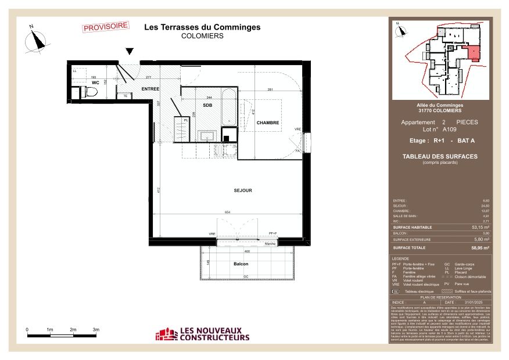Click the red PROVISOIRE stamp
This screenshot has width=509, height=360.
pos(105,27)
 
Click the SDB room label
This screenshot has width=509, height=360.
pos(207,105)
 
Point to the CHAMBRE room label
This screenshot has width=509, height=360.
pos(268,123)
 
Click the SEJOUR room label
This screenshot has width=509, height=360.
pos(243,190)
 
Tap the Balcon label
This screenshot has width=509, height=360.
pos(234,264)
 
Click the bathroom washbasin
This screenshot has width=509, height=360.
pos(205,136)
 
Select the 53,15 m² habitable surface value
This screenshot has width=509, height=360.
pos(480,228)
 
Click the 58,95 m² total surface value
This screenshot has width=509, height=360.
pos(480,248)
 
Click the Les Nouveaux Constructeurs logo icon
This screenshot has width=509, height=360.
pos(166,334)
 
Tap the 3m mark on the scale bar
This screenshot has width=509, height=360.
pos(96,330)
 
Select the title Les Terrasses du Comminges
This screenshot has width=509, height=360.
pos(202,27)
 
